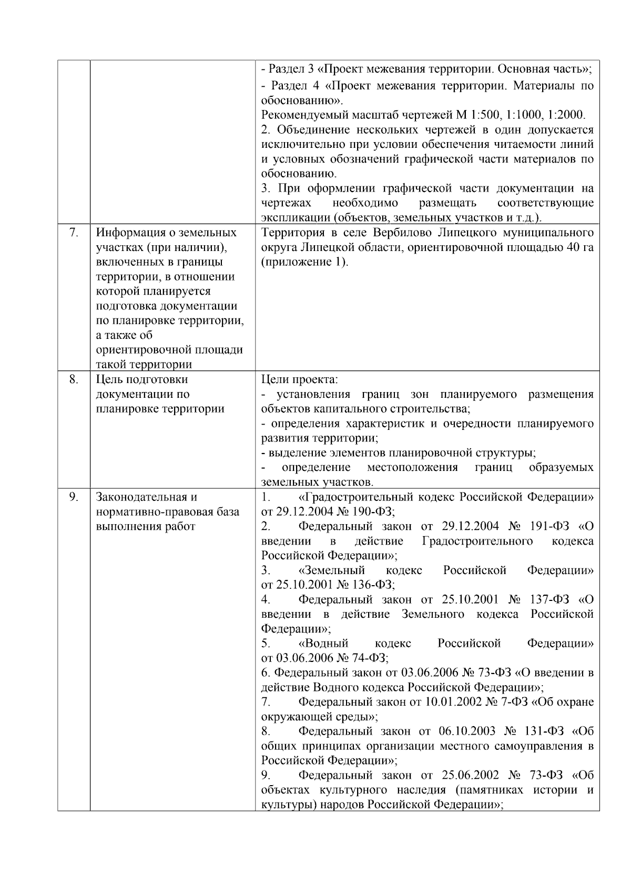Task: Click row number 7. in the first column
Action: (x=74, y=233)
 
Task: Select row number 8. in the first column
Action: (x=74, y=379)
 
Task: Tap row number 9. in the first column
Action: (x=74, y=497)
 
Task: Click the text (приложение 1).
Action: (x=304, y=262)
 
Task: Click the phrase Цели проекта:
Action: (x=299, y=379)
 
